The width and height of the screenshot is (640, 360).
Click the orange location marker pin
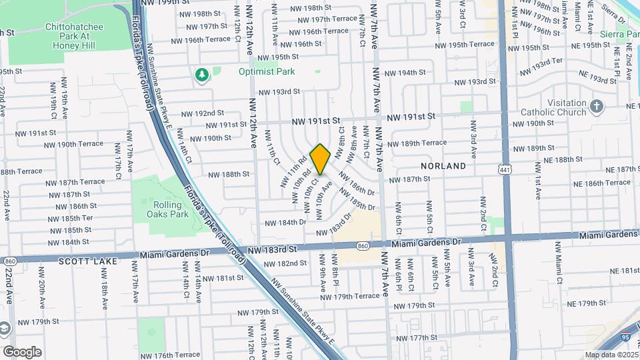coord(321,159)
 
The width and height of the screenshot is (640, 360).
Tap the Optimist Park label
coord(267,71)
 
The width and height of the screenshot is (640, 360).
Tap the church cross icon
coord(597,106)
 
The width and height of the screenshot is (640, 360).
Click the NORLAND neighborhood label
coord(443,165)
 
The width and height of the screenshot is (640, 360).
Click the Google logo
coord(22,351)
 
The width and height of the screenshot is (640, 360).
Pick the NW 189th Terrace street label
coord(416,143)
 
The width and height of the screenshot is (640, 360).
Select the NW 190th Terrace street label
coord(80,144)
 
